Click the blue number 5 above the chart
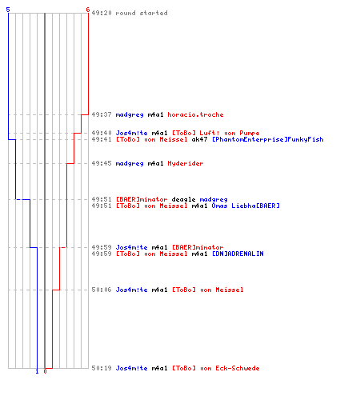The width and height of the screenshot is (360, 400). pyautogui.click(x=8, y=10)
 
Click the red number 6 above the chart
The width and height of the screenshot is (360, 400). pyautogui.click(x=88, y=10)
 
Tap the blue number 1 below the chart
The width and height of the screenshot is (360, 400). pyautogui.click(x=37, y=371)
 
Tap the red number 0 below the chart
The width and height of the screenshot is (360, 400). pyautogui.click(x=45, y=371)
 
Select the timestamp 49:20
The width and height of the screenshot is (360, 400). pyautogui.click(x=102, y=13)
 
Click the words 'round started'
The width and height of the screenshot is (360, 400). pyautogui.click(x=142, y=13)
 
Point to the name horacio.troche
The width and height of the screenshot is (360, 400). pyautogui.click(x=195, y=114)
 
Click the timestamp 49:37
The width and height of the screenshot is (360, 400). pyautogui.click(x=102, y=114)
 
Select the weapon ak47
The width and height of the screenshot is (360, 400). pyautogui.click(x=199, y=139)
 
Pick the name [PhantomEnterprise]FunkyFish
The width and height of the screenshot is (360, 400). pyautogui.click(x=268, y=139)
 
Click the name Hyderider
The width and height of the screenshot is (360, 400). pyautogui.click(x=186, y=163)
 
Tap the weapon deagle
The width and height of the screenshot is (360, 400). pyautogui.click(x=183, y=199)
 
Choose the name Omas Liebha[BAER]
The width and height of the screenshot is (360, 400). pyautogui.click(x=246, y=206)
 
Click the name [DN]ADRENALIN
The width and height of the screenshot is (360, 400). pyautogui.click(x=238, y=254)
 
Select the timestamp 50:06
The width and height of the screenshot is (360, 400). pyautogui.click(x=102, y=290)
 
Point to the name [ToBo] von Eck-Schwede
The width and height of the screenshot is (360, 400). pyautogui.click(x=216, y=368)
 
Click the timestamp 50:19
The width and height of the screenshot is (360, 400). pyautogui.click(x=102, y=368)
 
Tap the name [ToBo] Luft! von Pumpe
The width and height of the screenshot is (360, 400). pyautogui.click(x=216, y=133)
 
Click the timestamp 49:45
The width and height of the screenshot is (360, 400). pyautogui.click(x=102, y=163)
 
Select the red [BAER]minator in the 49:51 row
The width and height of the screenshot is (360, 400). pyautogui.click(x=142, y=199)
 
